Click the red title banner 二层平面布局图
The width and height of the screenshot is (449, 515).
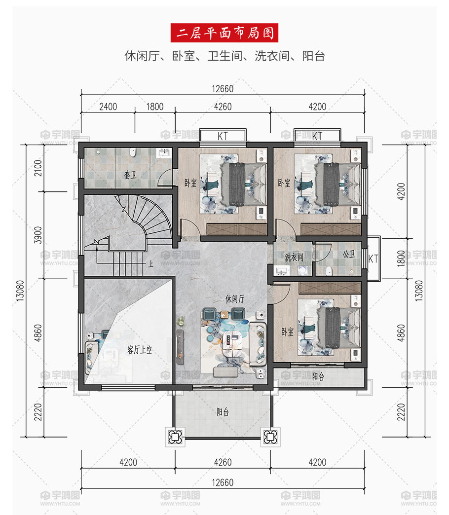click(x=224, y=33)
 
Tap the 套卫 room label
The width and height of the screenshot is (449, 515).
click(x=130, y=175)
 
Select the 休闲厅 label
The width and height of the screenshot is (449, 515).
click(x=235, y=299)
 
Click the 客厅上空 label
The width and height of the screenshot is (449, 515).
click(x=140, y=350)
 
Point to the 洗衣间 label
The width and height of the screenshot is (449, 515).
click(x=294, y=257)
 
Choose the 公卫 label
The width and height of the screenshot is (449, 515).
click(x=349, y=254)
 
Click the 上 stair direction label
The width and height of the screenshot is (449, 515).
click(x=150, y=264)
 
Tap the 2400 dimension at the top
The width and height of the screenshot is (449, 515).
click(x=108, y=107)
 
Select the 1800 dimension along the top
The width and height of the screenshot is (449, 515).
click(x=155, y=107)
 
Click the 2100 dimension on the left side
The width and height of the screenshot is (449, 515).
click(x=38, y=168)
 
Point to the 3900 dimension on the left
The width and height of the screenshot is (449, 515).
click(x=38, y=235)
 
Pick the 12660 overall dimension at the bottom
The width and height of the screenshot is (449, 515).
click(x=223, y=482)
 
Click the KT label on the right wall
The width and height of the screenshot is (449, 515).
click(x=373, y=259)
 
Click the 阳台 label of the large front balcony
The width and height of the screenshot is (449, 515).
click(x=223, y=411)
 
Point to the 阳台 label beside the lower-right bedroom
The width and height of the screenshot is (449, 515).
click(x=318, y=376)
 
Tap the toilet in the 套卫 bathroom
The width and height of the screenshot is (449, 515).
click(x=133, y=152)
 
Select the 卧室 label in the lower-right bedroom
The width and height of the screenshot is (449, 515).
click(x=287, y=332)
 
